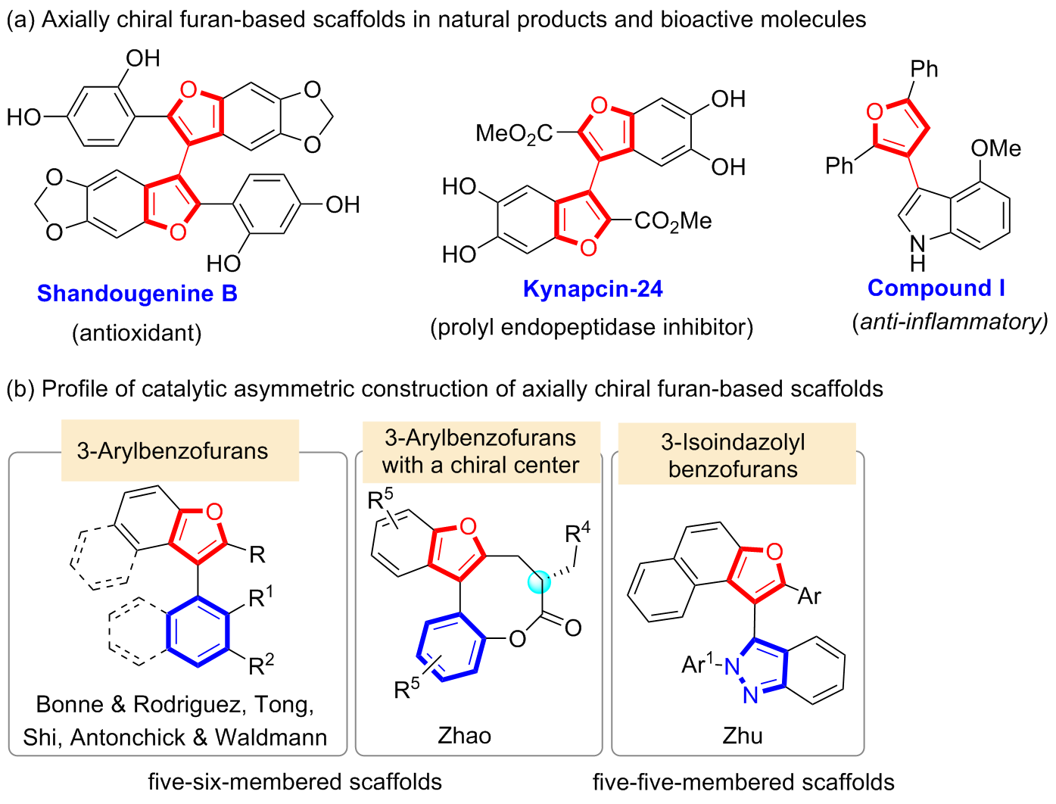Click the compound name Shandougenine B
coord(137,293)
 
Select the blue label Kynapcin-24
coord(593,288)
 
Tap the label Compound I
coord(936,288)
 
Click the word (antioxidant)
coord(137,332)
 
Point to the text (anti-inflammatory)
coord(950,322)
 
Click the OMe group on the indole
coord(995,148)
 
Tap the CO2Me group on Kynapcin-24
coord(673,221)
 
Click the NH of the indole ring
coord(917,252)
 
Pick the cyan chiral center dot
coord(539,582)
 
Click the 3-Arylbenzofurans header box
coord(180,450)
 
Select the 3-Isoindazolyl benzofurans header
coord(737,454)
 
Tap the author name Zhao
coord(464,735)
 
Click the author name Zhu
coord(742,735)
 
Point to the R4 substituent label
coord(578,533)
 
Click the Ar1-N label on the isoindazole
coord(709,665)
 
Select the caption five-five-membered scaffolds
coord(743,781)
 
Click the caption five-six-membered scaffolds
coord(294,781)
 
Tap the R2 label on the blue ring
coord(261,665)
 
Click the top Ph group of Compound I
coord(924,69)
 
